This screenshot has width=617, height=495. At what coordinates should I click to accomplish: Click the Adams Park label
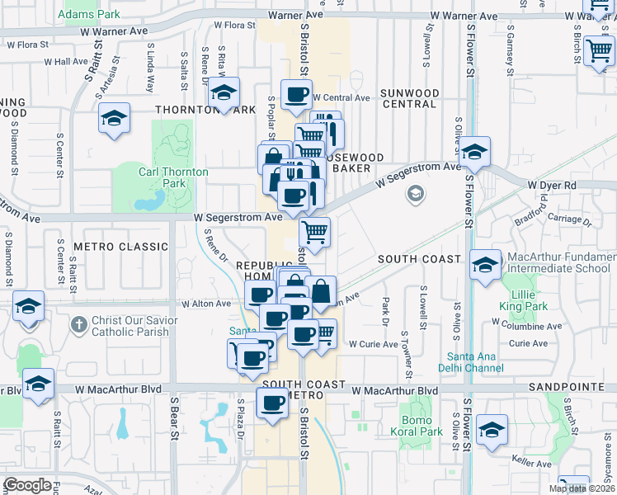[x=90, y=14]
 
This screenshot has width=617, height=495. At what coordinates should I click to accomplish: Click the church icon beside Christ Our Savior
[x=78, y=323]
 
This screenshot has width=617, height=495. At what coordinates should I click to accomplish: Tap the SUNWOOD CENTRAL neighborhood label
[x=408, y=98]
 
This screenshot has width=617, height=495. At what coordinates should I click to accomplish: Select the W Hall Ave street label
[x=66, y=61]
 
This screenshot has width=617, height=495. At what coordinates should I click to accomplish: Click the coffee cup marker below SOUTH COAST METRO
[x=273, y=404]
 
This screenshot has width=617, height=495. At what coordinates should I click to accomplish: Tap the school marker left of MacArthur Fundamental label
[x=486, y=265]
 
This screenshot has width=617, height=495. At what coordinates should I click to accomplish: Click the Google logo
[x=28, y=485]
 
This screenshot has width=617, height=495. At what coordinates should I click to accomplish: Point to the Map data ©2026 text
[x=582, y=488]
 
